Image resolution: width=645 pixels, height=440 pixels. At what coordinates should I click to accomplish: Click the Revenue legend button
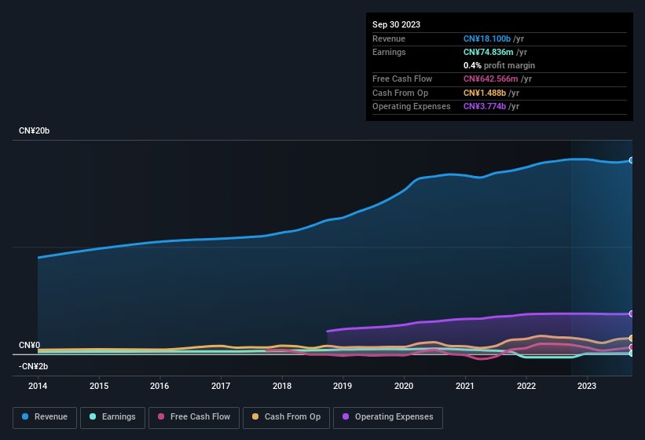[x=46, y=417]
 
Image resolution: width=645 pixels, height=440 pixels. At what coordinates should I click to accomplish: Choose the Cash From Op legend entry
[x=287, y=417]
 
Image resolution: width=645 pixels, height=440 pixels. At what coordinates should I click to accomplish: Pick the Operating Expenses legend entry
[x=387, y=417]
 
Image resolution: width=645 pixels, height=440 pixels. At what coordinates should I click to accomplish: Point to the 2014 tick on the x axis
[x=38, y=386]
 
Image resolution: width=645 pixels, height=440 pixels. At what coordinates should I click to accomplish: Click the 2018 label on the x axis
[x=282, y=386]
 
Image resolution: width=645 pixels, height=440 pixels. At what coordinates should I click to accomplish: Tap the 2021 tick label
[x=465, y=386]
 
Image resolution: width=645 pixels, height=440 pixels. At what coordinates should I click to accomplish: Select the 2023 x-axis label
[x=587, y=386]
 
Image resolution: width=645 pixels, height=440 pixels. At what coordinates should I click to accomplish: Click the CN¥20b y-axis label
[x=35, y=130]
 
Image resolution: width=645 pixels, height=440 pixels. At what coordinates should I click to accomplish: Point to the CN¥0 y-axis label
[x=29, y=345]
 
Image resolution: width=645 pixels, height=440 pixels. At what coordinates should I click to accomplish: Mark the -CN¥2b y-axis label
[x=34, y=366]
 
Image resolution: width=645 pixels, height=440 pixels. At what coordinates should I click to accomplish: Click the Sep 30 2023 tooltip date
[x=396, y=24]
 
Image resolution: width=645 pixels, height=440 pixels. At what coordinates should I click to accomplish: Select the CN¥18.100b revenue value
[x=487, y=39]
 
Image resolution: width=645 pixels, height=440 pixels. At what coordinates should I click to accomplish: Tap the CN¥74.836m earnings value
[x=488, y=53]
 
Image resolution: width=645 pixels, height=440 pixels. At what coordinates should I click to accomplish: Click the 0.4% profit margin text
[x=499, y=66]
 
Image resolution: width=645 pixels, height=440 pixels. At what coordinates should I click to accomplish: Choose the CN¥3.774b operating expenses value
[x=485, y=106]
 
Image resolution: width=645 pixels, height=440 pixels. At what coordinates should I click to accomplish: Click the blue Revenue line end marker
[x=632, y=160]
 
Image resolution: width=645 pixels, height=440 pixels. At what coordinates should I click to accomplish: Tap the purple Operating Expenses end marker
[x=632, y=313]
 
